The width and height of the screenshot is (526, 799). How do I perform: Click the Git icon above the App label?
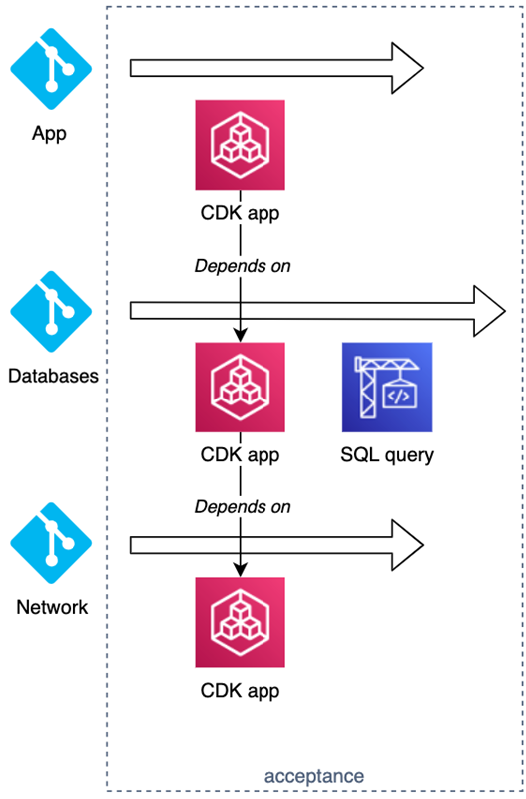pos(49,68)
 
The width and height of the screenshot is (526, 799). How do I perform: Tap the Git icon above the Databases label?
pos(49,312)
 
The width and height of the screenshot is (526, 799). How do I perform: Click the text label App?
pos(49,133)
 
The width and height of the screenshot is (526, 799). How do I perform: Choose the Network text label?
pos(52,607)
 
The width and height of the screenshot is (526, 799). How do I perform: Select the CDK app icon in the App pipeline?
pos(240,144)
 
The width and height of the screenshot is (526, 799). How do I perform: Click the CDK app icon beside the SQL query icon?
pos(240,387)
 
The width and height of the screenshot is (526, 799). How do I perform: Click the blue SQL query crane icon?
pos(386,387)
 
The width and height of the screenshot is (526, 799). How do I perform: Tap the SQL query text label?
pos(386,455)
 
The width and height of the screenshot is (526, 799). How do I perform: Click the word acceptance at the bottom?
pos(314,775)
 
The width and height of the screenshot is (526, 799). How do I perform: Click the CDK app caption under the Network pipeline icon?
pos(240,690)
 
